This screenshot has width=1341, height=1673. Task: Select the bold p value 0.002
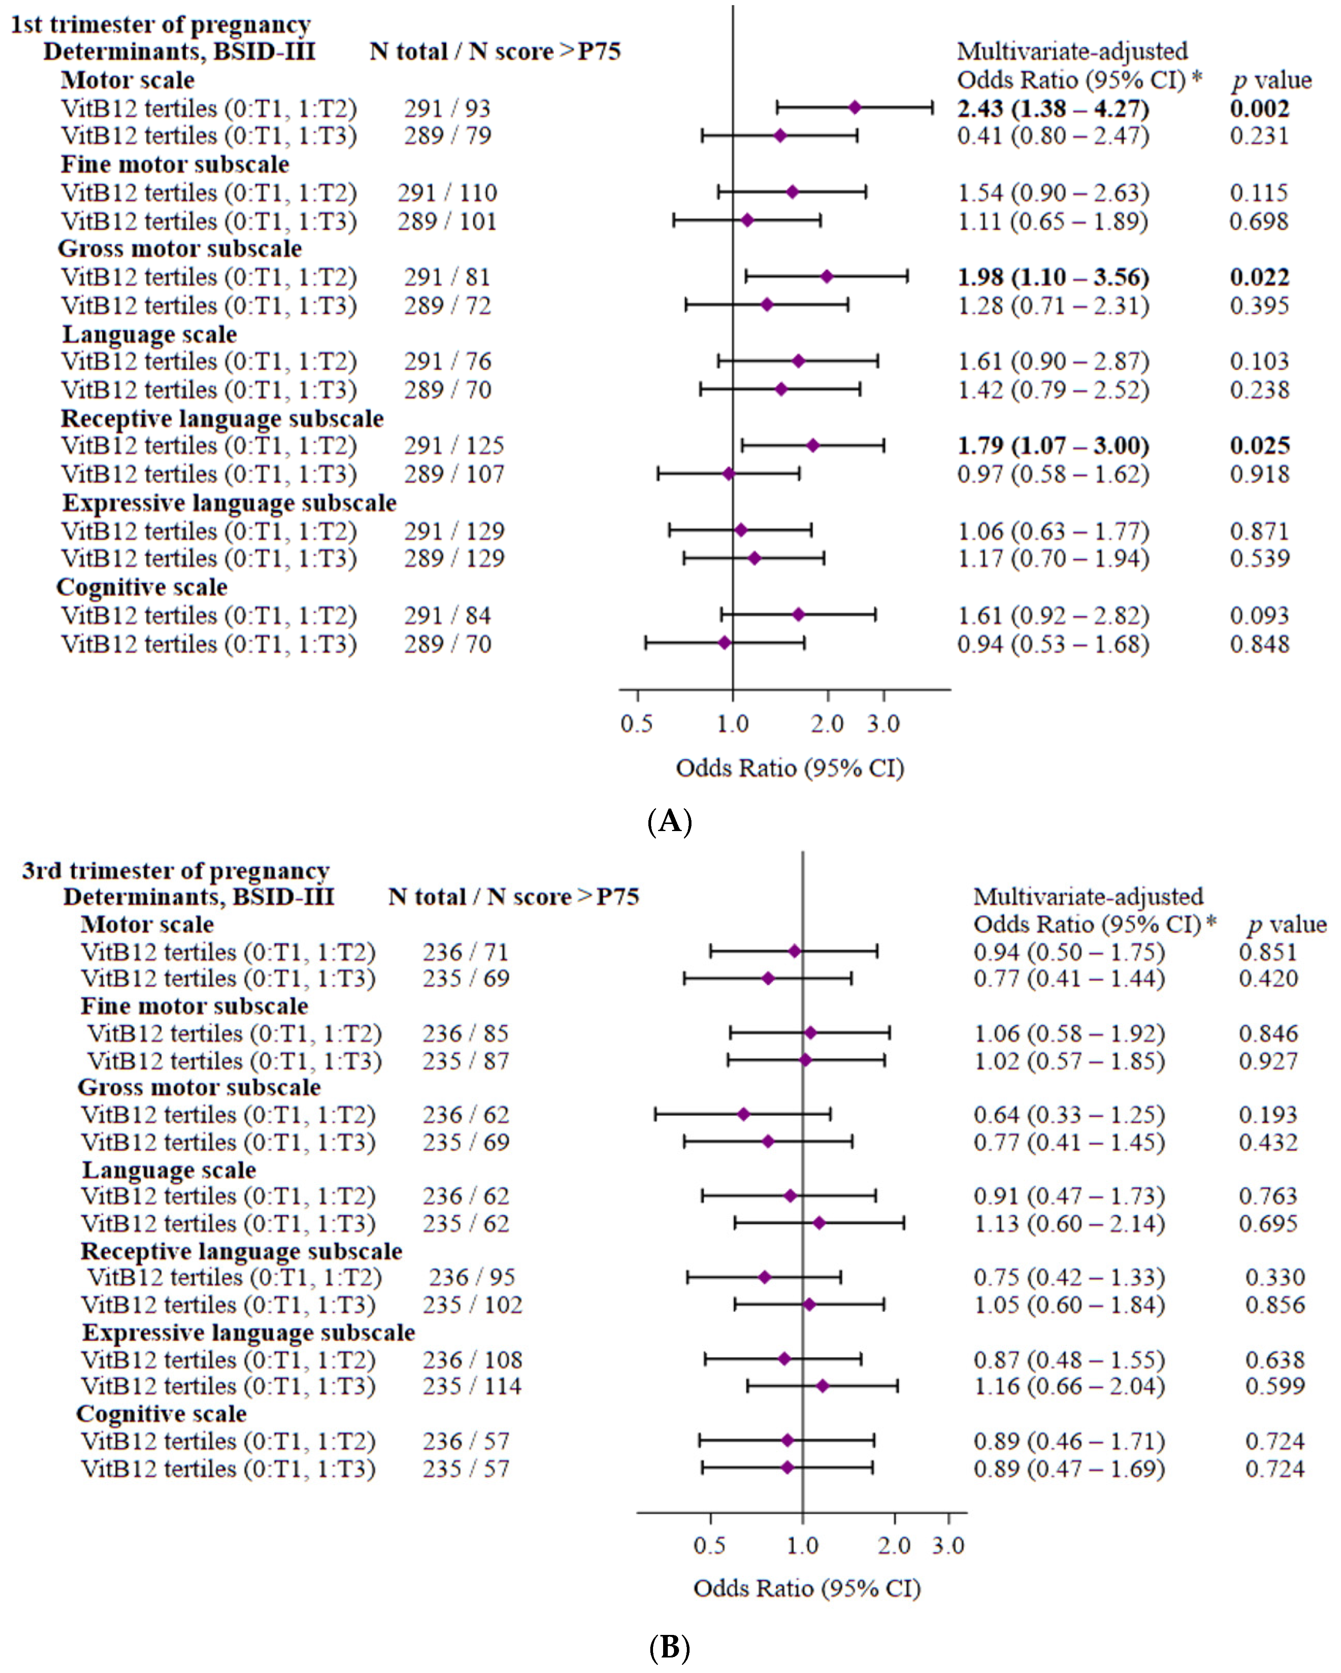pos(1259,109)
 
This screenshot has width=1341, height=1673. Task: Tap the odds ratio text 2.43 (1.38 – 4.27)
pos(1052,109)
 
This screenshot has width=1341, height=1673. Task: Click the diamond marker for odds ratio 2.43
pos(854,108)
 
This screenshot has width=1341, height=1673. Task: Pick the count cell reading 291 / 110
pos(447,193)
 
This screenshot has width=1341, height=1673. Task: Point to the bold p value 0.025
pos(1259,446)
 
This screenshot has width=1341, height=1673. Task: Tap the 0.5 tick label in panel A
pos(636,724)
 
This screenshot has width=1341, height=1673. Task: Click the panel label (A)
pos(669,820)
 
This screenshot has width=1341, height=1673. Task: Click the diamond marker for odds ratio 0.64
pos(744,1114)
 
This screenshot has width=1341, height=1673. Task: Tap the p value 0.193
pos(1267,1115)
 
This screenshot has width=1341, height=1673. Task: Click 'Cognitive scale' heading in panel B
pos(162,1414)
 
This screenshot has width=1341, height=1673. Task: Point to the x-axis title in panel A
pos(790,768)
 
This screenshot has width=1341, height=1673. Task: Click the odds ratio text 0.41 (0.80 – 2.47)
pos(1052,136)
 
